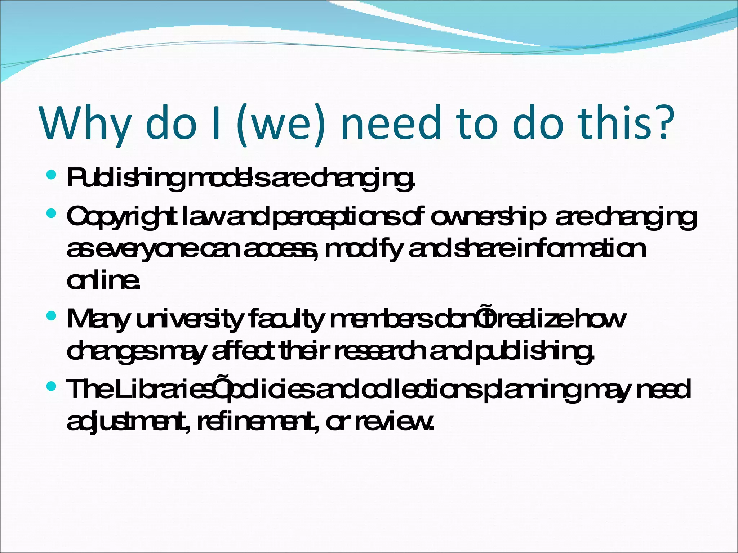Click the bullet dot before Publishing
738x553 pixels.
coord(52,175)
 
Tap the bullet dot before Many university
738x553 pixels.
coord(52,316)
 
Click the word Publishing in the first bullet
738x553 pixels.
coord(126,179)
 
